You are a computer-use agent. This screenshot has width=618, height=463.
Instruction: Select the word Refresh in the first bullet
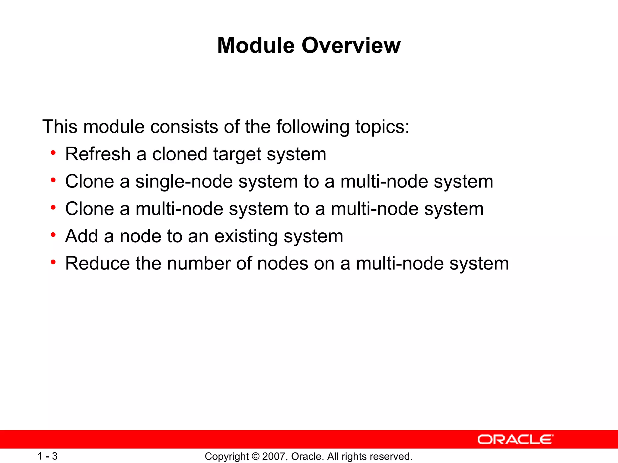pyautogui.click(x=98, y=154)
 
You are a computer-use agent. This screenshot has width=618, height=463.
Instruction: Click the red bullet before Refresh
pyautogui.click(x=53, y=153)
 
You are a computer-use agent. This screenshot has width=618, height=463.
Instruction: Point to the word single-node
pyautogui.click(x=184, y=182)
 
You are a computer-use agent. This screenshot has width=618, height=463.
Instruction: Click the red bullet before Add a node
pyautogui.click(x=53, y=235)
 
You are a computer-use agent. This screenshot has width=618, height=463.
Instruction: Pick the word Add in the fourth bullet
pyautogui.click(x=81, y=236)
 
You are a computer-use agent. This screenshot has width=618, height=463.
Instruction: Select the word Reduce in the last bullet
pyautogui.click(x=97, y=263)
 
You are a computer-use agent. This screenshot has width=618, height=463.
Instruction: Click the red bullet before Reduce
pyautogui.click(x=53, y=262)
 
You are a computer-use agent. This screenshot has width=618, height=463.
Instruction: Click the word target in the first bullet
pyautogui.click(x=237, y=155)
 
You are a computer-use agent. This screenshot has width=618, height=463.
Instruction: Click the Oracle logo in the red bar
pyautogui.click(x=515, y=439)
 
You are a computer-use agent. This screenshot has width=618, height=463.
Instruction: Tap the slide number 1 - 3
pyautogui.click(x=47, y=456)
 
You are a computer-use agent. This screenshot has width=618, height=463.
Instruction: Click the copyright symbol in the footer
pyautogui.click(x=255, y=456)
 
